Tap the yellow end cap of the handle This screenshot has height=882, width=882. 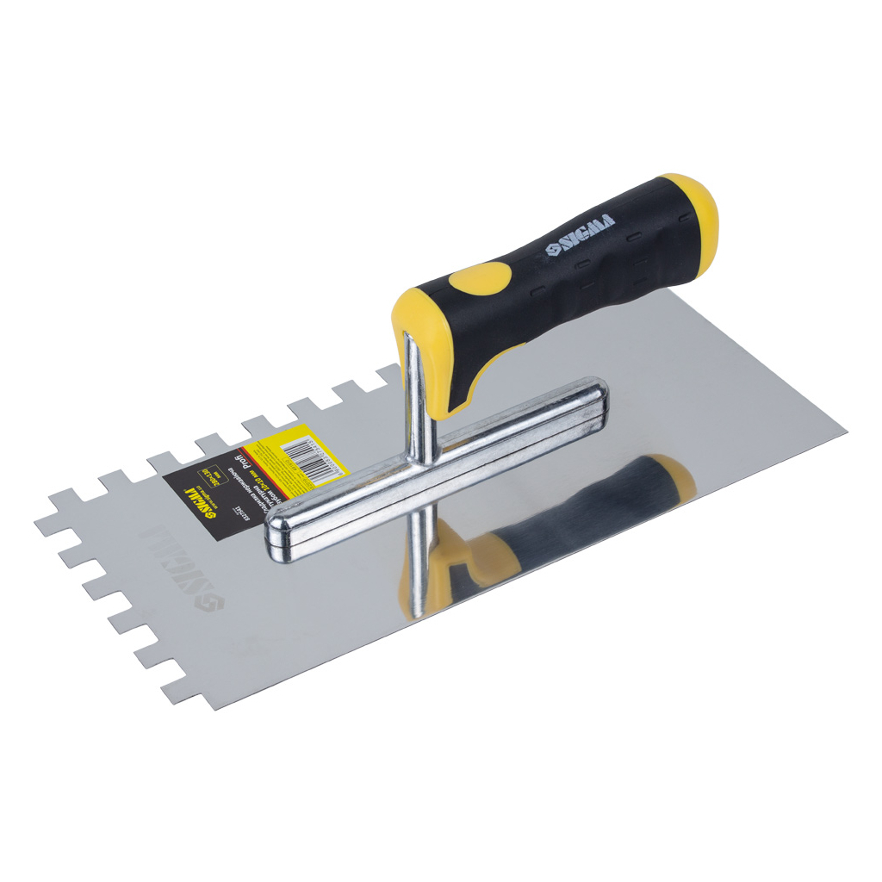coord(693,220)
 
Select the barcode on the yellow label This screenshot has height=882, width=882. coord(309,454)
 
